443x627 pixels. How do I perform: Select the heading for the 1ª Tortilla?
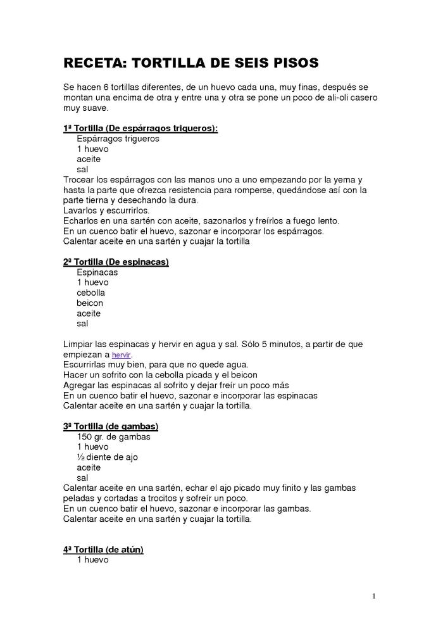pyautogui.click(x=140, y=128)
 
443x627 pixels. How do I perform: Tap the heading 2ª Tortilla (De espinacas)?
pyautogui.click(x=116, y=262)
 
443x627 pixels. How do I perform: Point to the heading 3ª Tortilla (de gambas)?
pyautogui.click(x=111, y=426)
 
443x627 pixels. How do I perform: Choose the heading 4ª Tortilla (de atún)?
pyautogui.click(x=103, y=549)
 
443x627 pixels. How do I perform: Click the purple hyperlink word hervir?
pyautogui.click(x=121, y=355)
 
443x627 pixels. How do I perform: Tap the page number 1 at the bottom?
pyautogui.click(x=374, y=595)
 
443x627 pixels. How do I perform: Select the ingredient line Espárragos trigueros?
pyautogui.click(x=118, y=139)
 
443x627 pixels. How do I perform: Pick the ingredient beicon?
pyautogui.click(x=90, y=303)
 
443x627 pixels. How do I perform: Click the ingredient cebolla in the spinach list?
pyautogui.click(x=91, y=293)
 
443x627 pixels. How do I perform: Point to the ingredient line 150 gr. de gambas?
pyautogui.click(x=113, y=436)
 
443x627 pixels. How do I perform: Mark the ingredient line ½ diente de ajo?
pyautogui.click(x=107, y=457)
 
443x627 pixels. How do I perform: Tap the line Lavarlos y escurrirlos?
pyautogui.click(x=106, y=210)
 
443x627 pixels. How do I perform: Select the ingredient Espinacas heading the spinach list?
pyautogui.click(x=97, y=272)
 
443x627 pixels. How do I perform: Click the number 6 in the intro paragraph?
pyautogui.click(x=101, y=87)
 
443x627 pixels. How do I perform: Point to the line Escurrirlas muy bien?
pyautogui.click(x=156, y=365)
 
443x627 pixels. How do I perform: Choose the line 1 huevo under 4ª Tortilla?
pyautogui.click(x=92, y=560)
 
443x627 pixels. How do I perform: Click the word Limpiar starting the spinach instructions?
pyautogui.click(x=80, y=344)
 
